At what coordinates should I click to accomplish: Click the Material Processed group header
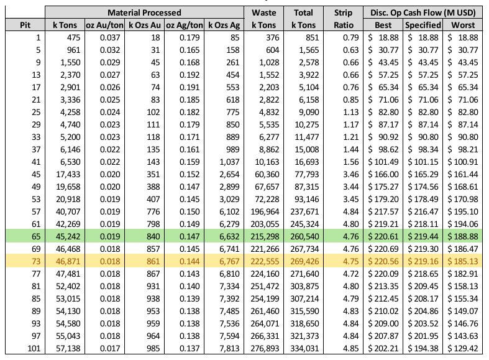144,12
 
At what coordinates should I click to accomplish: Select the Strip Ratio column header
344,19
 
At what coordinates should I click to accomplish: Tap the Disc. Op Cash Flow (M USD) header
423,12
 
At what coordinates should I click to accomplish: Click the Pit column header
25,25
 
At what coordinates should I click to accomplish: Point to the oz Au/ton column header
105,25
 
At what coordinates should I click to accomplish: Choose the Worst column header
463,25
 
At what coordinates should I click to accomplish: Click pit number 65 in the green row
36,236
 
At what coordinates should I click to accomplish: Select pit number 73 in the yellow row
36,261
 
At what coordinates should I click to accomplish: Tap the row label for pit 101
34,348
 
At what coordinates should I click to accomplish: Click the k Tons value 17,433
68,174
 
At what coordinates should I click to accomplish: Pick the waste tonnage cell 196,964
265,212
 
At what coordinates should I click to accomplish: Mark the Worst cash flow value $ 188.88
463,236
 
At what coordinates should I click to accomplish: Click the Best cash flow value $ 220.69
383,249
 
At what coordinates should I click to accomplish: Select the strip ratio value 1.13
351,113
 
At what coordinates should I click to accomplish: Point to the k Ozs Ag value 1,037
229,162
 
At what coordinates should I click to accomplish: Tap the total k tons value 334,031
304,348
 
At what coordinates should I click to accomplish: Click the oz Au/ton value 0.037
110,38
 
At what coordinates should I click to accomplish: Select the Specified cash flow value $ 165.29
423,174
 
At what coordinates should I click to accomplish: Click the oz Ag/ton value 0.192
190,75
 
